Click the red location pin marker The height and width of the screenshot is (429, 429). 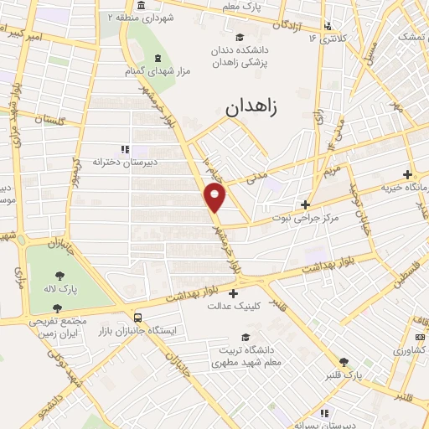click(215, 198)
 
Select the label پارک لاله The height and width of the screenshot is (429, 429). click(62, 289)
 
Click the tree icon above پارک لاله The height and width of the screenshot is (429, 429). click(62, 274)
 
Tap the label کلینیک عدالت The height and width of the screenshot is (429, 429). click(232, 307)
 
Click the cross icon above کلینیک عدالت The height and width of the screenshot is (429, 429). click(232, 293)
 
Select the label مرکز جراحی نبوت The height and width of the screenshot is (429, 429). click(304, 218)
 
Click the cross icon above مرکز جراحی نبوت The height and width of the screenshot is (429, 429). click(306, 204)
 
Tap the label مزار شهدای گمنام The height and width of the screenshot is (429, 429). click(157, 71)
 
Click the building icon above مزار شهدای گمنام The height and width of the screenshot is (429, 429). click(157, 58)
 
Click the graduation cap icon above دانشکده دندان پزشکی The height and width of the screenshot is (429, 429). click(240, 36)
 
